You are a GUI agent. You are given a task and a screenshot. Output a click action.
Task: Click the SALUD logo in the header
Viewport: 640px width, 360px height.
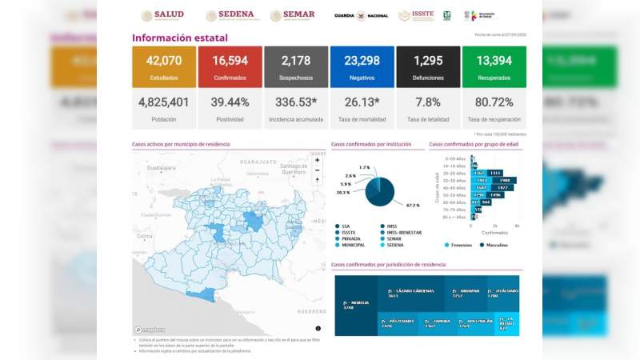coord(163,15)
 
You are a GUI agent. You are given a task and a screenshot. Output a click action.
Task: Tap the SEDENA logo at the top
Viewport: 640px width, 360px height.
coord(230,15)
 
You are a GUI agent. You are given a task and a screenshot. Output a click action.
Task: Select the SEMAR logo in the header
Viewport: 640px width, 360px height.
coord(293,15)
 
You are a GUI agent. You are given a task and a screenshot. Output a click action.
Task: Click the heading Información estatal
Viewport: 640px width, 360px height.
coord(179,38)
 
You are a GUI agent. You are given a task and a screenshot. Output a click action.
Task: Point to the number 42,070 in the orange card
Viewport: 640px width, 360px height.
coord(164,61)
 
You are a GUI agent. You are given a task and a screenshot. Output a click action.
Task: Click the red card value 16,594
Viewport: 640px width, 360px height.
coord(230,61)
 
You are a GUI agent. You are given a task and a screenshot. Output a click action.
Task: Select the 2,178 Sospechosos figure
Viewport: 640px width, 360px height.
coord(295,61)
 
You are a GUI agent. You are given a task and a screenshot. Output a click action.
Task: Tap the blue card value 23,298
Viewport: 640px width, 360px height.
coord(362,61)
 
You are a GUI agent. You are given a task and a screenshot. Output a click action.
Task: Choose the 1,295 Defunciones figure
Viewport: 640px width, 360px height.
coord(427,61)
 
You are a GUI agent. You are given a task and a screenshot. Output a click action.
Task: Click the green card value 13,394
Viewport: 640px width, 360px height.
coord(494,61)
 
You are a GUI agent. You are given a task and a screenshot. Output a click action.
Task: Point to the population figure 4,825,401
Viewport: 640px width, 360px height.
coord(164,102)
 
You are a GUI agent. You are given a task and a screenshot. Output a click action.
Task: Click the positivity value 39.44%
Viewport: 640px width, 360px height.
coord(230,102)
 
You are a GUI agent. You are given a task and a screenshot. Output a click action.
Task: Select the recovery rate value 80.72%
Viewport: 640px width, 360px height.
coord(494,102)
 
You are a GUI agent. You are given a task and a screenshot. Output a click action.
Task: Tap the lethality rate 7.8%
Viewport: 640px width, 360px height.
coord(427,102)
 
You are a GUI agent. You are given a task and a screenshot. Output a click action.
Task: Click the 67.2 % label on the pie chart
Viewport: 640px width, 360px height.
coord(413,206)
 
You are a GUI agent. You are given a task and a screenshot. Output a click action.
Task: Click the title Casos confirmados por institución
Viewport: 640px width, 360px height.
coord(371,145)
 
